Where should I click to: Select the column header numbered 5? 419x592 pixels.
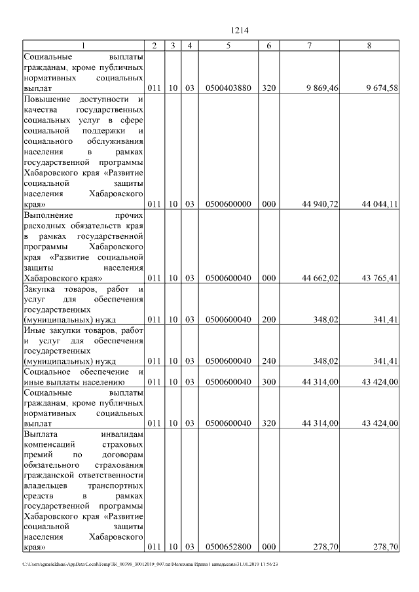[228, 45]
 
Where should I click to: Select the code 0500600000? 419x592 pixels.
[228, 204]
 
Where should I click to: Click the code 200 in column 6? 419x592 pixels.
[268, 320]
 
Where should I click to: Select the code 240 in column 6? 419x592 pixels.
[268, 360]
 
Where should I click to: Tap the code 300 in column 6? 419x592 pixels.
[268, 382]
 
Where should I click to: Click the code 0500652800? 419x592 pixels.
[228, 547]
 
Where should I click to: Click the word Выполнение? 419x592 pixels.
[49, 215]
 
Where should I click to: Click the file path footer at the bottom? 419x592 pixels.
[151, 565]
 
